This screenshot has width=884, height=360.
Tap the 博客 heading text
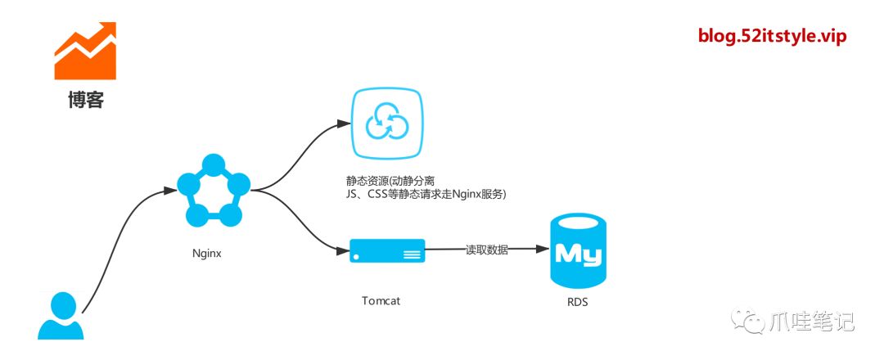[86, 101]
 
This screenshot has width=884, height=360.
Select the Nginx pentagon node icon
[213, 190]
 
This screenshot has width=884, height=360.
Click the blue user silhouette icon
[61, 317]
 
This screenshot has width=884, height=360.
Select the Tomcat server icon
[387, 250]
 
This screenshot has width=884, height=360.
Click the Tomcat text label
[381, 300]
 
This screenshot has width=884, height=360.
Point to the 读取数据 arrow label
[487, 250]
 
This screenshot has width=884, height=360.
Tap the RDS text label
[578, 302]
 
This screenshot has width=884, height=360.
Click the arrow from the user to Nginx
[123, 245]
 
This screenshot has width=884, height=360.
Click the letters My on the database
[578, 254]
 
